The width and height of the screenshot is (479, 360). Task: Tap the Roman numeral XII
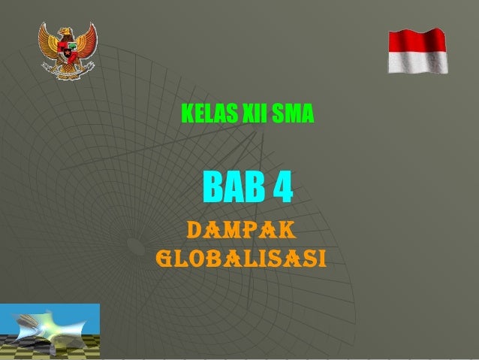253,116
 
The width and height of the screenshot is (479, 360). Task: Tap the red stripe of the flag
417,41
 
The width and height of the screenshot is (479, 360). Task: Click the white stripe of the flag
417,62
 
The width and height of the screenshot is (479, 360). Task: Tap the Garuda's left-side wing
49,41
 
